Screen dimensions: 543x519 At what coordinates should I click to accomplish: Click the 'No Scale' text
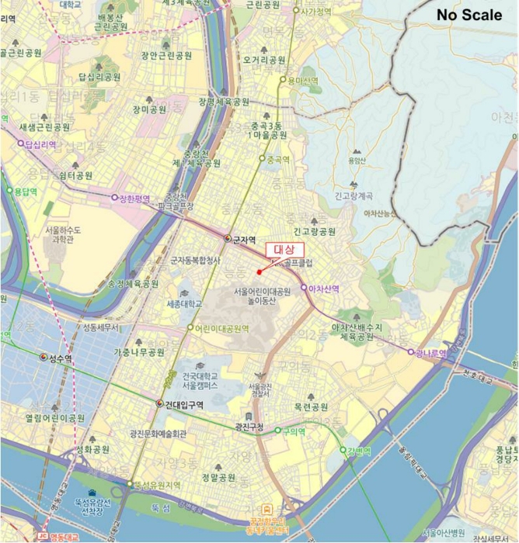click(468, 15)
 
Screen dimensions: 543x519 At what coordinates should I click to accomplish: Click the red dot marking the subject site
click(259, 271)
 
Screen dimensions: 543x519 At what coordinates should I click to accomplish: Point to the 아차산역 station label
click(323, 289)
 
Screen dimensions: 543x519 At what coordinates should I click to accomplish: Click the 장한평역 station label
click(134, 199)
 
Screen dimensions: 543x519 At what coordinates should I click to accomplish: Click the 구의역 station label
click(293, 431)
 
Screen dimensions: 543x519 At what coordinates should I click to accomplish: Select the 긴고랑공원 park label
click(314, 231)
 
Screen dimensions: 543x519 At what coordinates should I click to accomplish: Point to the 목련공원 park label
click(311, 406)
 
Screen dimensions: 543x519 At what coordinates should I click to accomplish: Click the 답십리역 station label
click(42, 144)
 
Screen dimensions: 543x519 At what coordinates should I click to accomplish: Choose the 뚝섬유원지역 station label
click(157, 485)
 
